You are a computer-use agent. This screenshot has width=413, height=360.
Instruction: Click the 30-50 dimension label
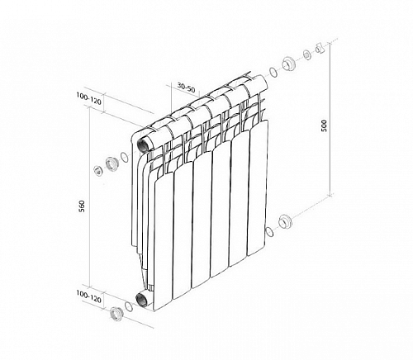pos(186,88)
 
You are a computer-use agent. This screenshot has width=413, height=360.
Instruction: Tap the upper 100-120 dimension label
pos(88,99)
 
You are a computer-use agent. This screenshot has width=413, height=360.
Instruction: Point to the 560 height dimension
pos(82,206)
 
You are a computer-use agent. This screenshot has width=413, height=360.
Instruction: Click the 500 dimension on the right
pos(324,126)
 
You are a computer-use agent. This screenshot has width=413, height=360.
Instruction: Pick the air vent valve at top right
pos(320,49)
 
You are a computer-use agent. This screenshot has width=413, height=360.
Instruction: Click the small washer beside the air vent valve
pos(307,54)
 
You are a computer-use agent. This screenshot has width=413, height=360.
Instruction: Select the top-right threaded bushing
pos(289,64)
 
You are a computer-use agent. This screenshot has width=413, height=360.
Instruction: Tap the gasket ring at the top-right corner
pos(273,73)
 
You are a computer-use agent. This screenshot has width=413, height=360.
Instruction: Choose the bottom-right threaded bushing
pos(285,221)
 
